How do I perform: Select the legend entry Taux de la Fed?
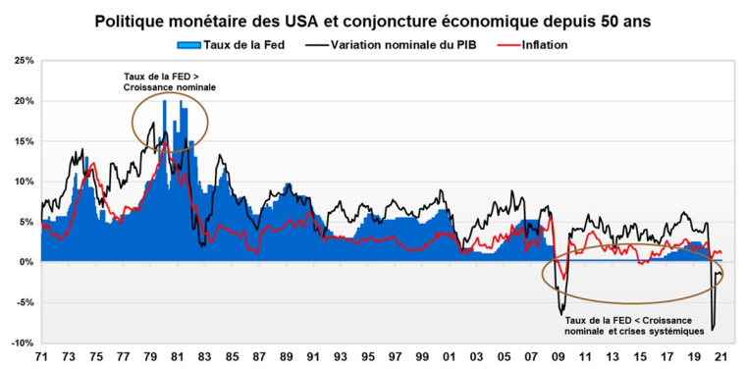point(235,45)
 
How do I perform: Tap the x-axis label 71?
point(41,357)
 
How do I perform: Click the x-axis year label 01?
point(449,357)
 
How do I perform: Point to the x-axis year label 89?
point(286,357)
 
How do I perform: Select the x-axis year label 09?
point(557,357)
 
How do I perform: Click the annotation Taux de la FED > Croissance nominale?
point(169,81)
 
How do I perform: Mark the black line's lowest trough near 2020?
point(713,330)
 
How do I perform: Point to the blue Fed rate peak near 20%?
point(164,101)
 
